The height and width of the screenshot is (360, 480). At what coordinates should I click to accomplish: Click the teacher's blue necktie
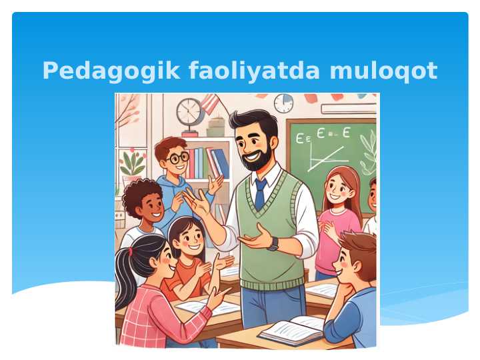pyautogui.click(x=260, y=193)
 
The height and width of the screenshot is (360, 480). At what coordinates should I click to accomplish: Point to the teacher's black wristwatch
pyautogui.click(x=273, y=244)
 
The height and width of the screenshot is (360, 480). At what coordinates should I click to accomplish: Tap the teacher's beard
pyautogui.click(x=257, y=159)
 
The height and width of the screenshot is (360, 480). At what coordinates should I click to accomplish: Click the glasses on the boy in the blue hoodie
pyautogui.click(x=178, y=159)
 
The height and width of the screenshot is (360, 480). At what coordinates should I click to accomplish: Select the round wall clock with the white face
pyautogui.click(x=283, y=103)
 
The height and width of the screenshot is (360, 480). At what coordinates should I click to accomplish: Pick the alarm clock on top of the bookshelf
pyautogui.click(x=189, y=112)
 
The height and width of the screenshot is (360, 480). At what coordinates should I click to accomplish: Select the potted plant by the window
pyautogui.click(x=133, y=164)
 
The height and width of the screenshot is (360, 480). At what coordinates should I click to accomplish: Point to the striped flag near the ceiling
pyautogui.click(x=209, y=103)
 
